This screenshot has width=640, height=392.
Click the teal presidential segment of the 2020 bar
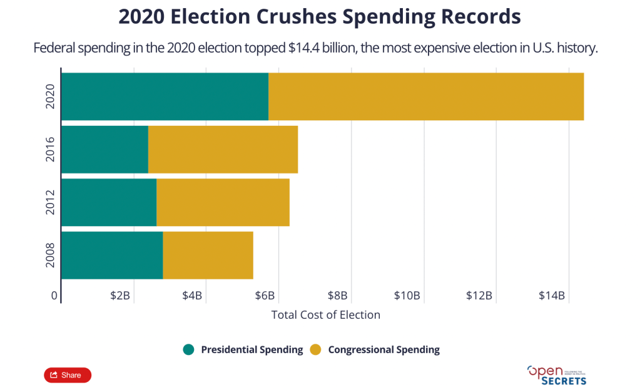click(165, 96)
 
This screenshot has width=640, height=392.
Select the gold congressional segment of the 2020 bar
click(425, 96)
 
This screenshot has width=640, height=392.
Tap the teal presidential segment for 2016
click(104, 149)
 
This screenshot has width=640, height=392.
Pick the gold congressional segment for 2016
click(223, 149)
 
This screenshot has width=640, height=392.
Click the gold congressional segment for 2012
click(223, 202)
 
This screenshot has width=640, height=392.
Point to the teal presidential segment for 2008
click(112, 255)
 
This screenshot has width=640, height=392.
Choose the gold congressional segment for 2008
click(208, 255)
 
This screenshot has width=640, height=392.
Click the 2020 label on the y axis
click(51, 96)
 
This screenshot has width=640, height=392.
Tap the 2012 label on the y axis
click(51, 202)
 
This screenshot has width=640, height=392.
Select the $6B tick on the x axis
click(265, 296)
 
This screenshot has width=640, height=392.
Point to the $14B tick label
click(552, 296)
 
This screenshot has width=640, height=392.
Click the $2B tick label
click(120, 296)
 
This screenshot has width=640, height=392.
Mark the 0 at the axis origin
click(54, 296)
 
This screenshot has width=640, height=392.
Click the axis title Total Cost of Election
click(325, 315)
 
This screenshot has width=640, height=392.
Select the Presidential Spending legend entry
click(244, 350)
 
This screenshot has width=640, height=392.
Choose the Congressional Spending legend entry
click(376, 350)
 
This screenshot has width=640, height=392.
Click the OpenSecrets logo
click(557, 375)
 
